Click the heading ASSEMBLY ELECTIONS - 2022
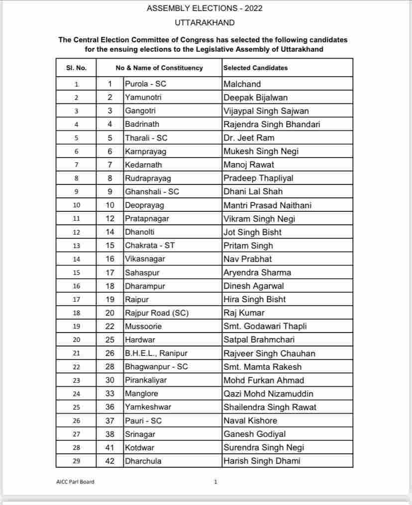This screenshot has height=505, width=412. pos(205,8)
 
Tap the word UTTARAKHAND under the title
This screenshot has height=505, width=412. pos(205,23)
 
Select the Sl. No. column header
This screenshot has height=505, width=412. pos(76,68)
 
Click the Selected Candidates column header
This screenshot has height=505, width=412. pos(255,68)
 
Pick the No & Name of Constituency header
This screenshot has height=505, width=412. pos(159,68)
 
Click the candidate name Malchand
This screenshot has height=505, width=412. pos(242,84)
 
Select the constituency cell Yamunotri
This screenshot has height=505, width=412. pos(143,97)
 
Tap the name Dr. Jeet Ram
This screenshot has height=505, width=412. pos(249,138)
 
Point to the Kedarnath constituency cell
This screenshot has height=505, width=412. pos(143,165)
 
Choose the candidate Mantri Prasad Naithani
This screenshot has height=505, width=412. pos(268,205)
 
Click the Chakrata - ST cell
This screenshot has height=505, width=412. pos(150,246)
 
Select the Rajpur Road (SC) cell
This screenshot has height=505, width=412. pos(156,313)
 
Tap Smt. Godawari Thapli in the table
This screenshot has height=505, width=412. pos(265,326)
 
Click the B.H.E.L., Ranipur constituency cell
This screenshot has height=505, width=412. pos(157,353)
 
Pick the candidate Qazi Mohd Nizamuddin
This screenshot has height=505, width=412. pos(268,394)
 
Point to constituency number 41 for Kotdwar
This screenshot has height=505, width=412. pos(110,447)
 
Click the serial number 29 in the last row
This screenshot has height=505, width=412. pos(76,461)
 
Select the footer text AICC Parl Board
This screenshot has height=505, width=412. pos(75,482)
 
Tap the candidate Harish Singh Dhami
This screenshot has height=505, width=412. pos(262,461)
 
